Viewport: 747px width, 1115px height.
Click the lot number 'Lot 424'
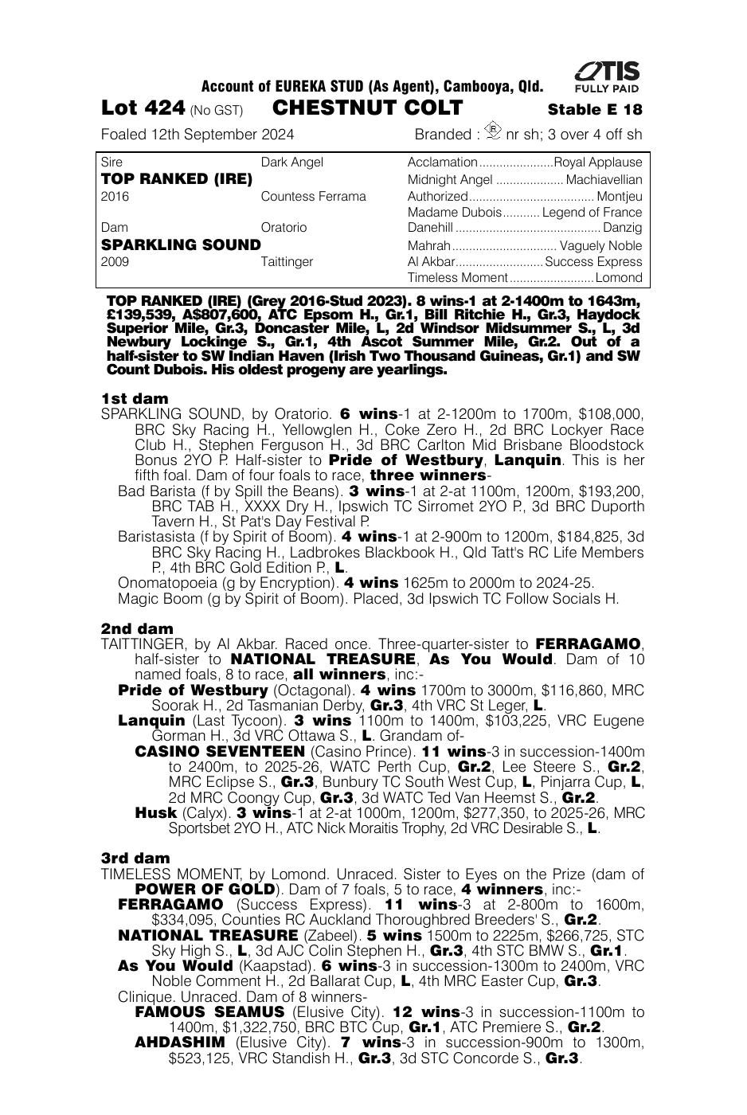(143, 108)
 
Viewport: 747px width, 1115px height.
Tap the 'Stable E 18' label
(595, 110)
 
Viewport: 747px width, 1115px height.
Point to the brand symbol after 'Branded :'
(494, 131)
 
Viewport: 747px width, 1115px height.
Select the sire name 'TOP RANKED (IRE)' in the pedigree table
(177, 179)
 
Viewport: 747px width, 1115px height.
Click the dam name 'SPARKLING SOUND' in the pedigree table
(181, 245)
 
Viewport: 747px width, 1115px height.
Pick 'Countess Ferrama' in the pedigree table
(313, 196)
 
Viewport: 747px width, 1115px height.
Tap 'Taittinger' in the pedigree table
(287, 261)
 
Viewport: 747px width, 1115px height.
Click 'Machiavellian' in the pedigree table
(604, 179)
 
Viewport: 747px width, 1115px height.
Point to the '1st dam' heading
(135, 398)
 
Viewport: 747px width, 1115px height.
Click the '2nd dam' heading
(137, 628)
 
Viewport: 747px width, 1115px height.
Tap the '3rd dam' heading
(135, 858)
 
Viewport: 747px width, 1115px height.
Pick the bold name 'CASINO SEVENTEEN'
(220, 751)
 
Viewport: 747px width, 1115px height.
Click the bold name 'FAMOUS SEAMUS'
(209, 1012)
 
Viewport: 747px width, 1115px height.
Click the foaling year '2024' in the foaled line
(278, 135)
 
